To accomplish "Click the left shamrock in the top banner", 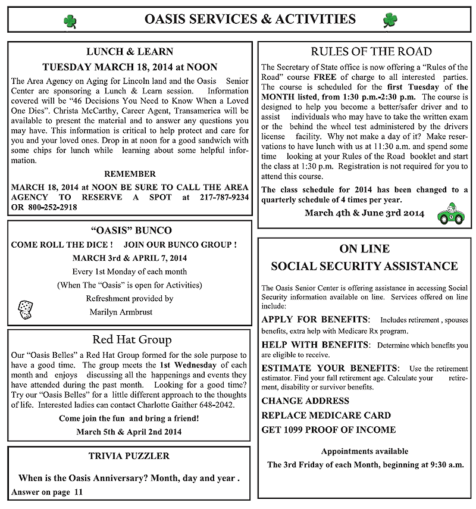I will click(70, 21).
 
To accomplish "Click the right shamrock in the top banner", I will click(390, 20).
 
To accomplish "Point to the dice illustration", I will click(25, 308).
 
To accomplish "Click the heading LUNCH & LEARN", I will click(130, 52).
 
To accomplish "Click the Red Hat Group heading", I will click(131, 340).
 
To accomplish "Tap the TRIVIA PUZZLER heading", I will click(129, 456).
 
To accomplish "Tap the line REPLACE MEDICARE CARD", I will click(326, 415).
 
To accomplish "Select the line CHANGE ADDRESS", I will click(305, 401).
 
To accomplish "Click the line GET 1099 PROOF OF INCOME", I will click(328, 430).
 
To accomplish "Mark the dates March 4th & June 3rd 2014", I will click(365, 213).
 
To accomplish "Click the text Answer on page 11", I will click(47, 492).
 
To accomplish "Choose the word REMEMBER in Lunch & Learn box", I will click(130, 174).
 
